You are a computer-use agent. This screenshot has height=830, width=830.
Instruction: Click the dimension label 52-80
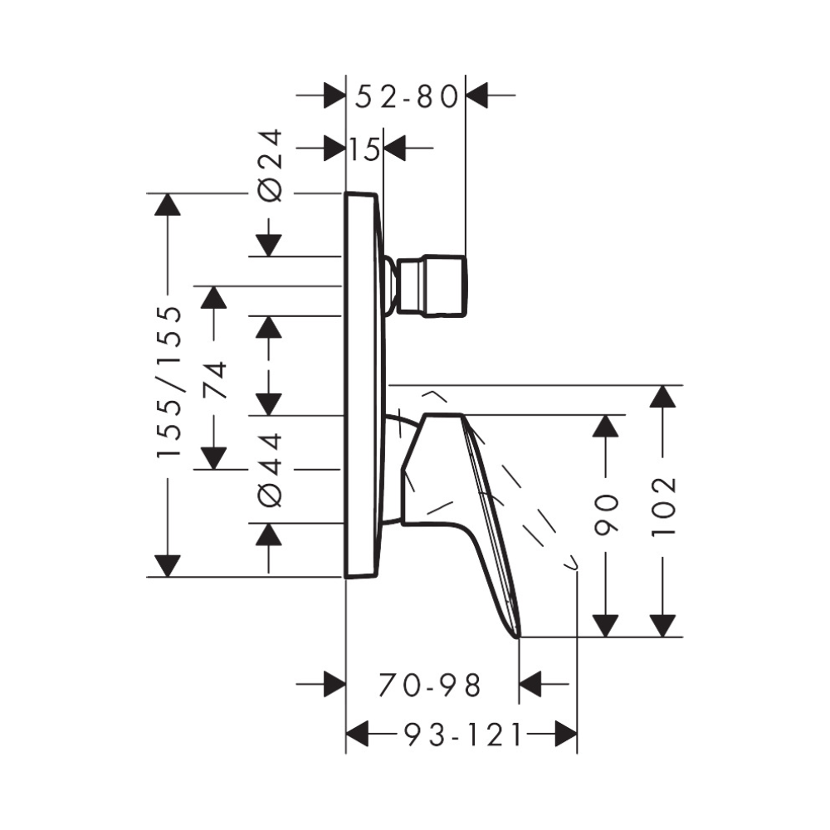pyautogui.click(x=407, y=97)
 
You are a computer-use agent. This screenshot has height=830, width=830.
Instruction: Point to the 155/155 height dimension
pyautogui.click(x=169, y=381)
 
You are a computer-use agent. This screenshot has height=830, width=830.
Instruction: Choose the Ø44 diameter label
pyautogui.click(x=271, y=469)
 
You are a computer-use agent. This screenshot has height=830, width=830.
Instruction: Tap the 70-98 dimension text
pyautogui.click(x=430, y=686)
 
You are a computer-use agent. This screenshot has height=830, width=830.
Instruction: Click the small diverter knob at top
pyautogui.click(x=431, y=286)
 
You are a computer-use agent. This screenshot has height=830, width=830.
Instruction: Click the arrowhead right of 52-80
pyautogui.click(x=478, y=96)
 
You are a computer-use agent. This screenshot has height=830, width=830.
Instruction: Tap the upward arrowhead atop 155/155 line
pyautogui.click(x=168, y=204)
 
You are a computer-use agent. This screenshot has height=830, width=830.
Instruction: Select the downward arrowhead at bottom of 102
pyautogui.click(x=662, y=625)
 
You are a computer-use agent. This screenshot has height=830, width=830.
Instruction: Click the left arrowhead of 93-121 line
pyautogui.click(x=357, y=734)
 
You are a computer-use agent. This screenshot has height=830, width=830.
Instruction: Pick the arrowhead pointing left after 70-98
pyautogui.click(x=530, y=686)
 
